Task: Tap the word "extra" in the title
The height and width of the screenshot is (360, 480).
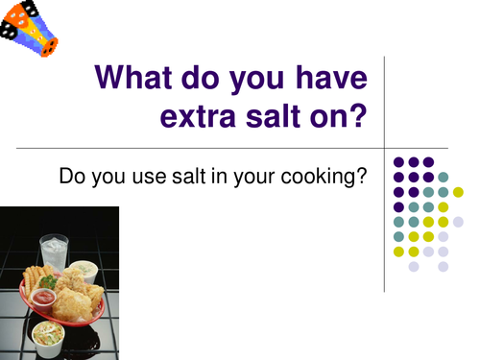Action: click(x=197, y=118)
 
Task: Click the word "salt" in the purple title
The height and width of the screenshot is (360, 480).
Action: click(x=272, y=118)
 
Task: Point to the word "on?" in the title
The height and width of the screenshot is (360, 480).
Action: click(x=341, y=118)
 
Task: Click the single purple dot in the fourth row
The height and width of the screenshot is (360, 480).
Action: click(x=397, y=206)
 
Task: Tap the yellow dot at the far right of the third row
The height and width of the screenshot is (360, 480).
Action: click(x=458, y=192)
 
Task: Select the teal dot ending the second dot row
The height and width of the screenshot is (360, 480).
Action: click(x=444, y=177)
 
